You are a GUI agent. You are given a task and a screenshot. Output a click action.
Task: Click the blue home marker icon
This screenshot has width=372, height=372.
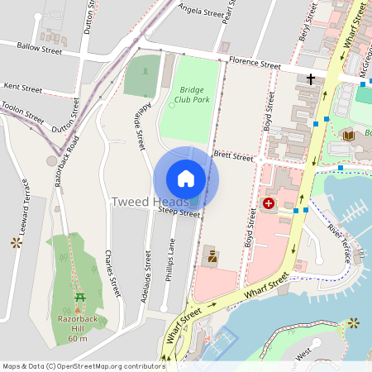pos(186,178)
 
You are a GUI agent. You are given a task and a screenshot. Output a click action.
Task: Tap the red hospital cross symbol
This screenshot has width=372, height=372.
pos(269,203)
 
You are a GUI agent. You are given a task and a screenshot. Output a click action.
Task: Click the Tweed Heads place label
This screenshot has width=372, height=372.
pos(141,202)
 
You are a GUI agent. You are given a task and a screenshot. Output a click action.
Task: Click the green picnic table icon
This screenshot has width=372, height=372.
pos(79,298)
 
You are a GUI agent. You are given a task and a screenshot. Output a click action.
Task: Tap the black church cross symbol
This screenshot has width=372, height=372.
pos(311,79)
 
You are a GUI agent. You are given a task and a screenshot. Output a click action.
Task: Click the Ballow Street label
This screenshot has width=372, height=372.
pos(39,50)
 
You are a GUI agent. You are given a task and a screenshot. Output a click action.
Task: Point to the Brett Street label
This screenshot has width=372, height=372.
pos(232,155)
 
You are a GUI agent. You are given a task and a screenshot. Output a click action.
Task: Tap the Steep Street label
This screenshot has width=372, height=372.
pos(179,213)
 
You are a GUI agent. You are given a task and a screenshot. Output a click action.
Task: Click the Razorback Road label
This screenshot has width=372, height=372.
pos(65,160)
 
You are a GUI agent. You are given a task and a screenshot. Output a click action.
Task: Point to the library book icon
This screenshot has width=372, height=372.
pos(348,135)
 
